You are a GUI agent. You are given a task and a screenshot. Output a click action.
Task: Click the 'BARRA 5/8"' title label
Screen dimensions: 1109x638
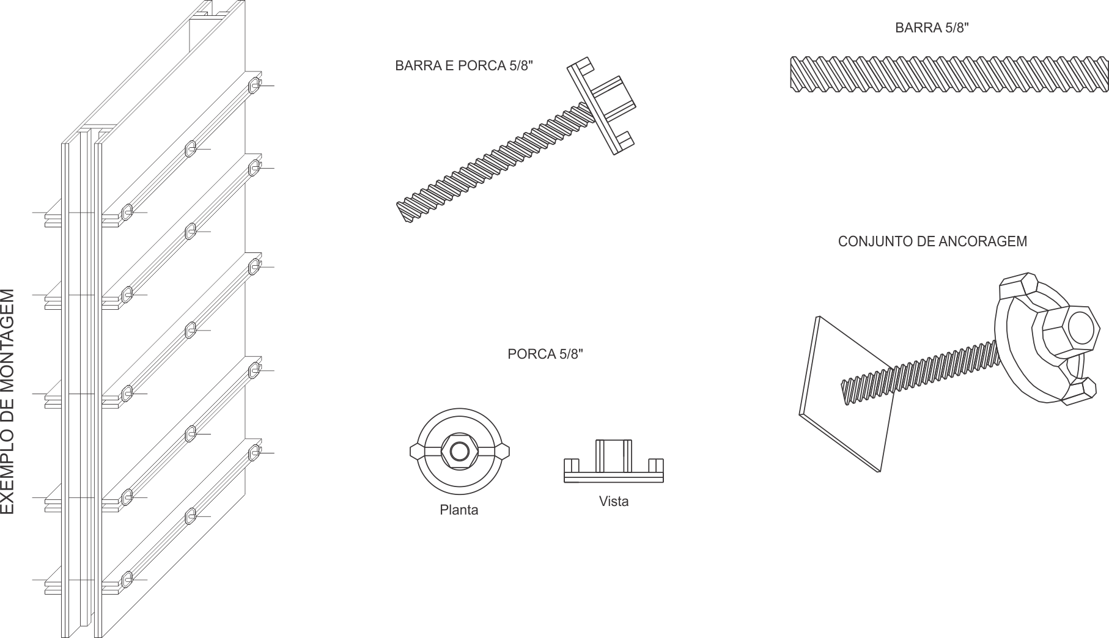932,28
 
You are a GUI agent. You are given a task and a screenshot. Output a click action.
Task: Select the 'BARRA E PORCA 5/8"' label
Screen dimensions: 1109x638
464,65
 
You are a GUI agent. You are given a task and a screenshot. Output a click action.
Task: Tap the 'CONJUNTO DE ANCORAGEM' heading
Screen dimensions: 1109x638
932,241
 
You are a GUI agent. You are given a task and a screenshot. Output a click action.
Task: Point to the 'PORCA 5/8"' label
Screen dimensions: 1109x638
545,354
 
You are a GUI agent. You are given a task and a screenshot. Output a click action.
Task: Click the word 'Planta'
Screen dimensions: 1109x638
459,510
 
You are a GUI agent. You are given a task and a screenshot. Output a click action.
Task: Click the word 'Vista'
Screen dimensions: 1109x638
614,501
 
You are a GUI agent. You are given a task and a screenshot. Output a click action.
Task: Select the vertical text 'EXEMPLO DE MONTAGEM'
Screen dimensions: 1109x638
7,402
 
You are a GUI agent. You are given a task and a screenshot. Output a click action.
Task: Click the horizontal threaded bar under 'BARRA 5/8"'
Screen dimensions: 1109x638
949,75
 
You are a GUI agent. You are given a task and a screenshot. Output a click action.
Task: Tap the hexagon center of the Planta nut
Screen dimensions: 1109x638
459,452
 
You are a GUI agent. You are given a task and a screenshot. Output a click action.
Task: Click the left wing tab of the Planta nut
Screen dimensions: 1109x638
417,452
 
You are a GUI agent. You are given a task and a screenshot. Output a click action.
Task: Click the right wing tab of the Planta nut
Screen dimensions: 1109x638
501,452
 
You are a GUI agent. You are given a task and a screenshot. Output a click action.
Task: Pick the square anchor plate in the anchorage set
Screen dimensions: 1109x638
847,394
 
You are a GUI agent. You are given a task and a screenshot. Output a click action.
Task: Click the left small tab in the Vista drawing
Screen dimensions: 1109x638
571,466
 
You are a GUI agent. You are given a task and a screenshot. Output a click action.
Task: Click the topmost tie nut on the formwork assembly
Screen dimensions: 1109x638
254,85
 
